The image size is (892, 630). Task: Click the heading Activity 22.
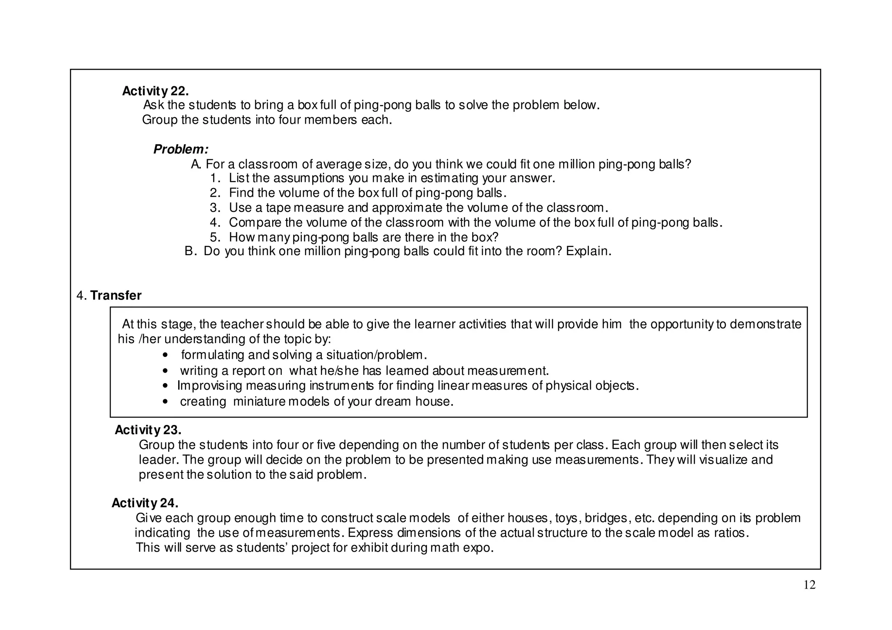(155, 91)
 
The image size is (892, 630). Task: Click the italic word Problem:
(181, 149)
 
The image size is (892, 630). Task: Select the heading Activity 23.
(148, 430)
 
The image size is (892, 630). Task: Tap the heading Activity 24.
(145, 503)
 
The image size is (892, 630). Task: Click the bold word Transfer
(116, 296)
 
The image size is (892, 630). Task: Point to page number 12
(809, 585)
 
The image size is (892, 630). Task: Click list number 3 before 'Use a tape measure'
(215, 208)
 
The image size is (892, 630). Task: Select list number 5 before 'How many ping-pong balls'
(215, 237)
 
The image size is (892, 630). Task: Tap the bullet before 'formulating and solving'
(164, 355)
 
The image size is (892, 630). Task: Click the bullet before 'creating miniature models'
(164, 401)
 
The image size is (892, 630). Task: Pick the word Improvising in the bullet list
(209, 386)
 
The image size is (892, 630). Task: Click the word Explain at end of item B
(587, 251)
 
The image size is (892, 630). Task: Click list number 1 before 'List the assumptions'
(215, 178)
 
